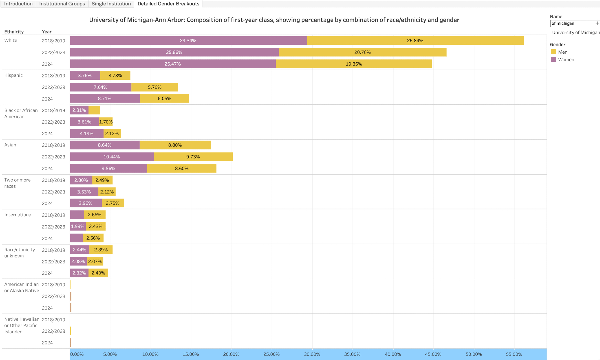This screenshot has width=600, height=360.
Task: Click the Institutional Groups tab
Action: click(62, 4)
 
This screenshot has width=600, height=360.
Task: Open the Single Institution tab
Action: click(111, 4)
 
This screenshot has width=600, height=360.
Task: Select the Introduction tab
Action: click(18, 4)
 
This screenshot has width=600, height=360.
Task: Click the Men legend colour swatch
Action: click(553, 52)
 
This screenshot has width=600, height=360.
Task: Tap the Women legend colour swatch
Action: click(553, 59)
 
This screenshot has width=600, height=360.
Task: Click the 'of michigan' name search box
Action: click(572, 23)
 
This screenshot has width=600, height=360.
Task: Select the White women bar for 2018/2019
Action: click(188, 40)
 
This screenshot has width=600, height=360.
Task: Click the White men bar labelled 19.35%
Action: click(354, 64)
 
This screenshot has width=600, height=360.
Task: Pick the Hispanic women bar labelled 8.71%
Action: click(105, 98)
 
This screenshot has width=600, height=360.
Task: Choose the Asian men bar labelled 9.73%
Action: click(193, 157)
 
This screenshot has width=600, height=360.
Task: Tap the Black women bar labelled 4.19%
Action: click(87, 133)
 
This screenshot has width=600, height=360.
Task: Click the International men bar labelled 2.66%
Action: click(94, 215)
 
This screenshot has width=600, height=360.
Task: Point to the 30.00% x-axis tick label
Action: click(312, 354)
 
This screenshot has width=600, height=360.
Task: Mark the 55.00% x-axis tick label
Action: click(514, 354)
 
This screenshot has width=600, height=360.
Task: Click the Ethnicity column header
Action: click(14, 32)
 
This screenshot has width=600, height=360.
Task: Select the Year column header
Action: click(46, 32)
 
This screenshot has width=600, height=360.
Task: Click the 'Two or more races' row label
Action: click(17, 183)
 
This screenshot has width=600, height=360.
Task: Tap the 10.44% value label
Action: click(112, 157)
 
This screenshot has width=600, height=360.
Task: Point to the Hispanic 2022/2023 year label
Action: click(53, 87)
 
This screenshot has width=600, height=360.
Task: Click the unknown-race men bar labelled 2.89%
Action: click(101, 250)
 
